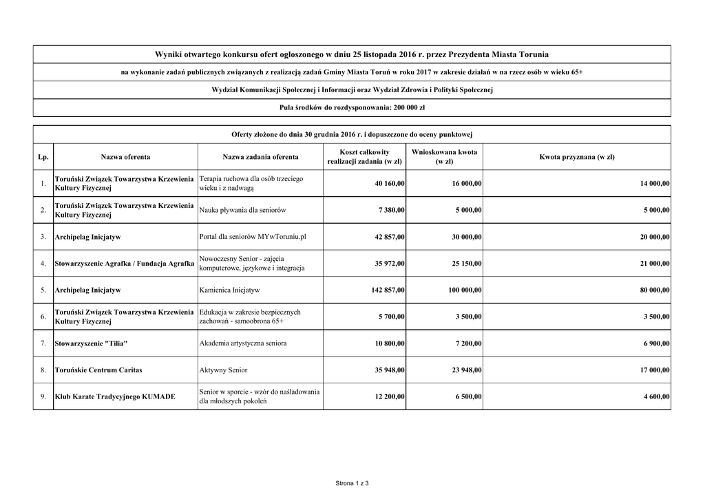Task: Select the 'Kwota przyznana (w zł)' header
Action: coord(577,157)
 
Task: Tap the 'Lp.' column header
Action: coord(43,157)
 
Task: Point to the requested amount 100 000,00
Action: coord(465,290)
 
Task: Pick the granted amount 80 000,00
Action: coord(654,290)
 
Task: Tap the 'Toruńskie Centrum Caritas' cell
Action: coord(98,370)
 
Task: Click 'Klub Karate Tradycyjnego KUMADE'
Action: coord(115,397)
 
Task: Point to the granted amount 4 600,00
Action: coord(657,397)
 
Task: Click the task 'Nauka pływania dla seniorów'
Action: coord(242,210)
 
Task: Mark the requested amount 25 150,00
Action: coord(467,264)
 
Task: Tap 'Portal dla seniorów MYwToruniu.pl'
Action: coord(252,237)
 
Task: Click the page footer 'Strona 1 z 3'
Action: coord(352,483)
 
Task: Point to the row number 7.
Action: coord(43,343)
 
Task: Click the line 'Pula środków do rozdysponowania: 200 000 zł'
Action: coord(352,108)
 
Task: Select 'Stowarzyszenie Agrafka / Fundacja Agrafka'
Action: coord(124,264)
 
